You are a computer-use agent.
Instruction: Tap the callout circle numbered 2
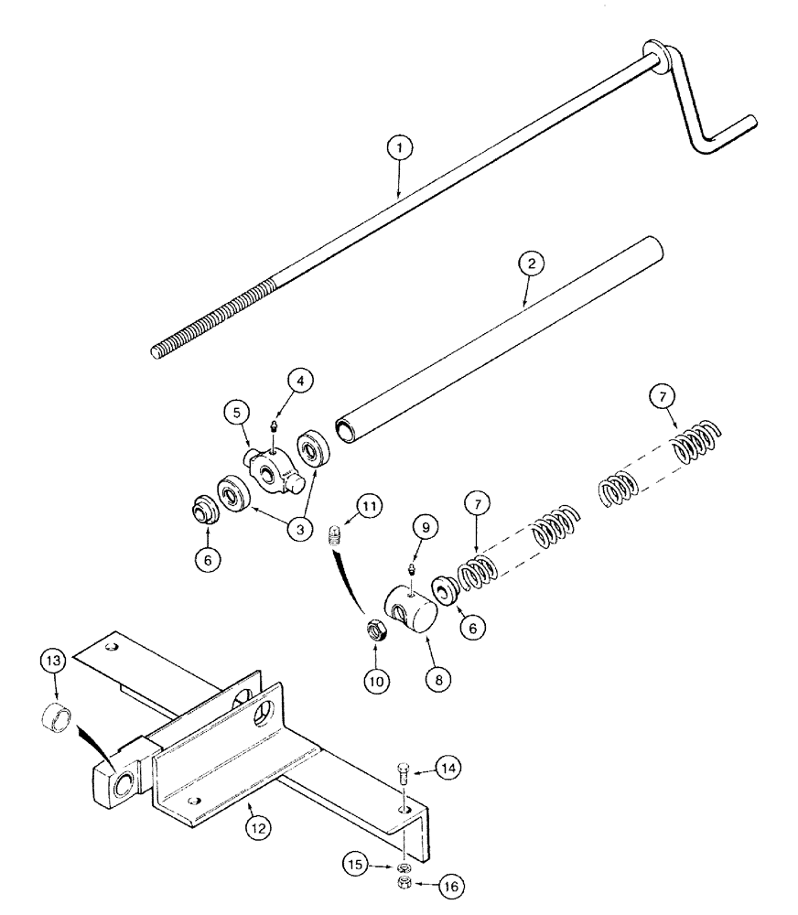point(532,262)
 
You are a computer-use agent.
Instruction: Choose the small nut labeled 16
point(404,884)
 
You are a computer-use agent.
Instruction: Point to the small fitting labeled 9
point(412,569)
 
